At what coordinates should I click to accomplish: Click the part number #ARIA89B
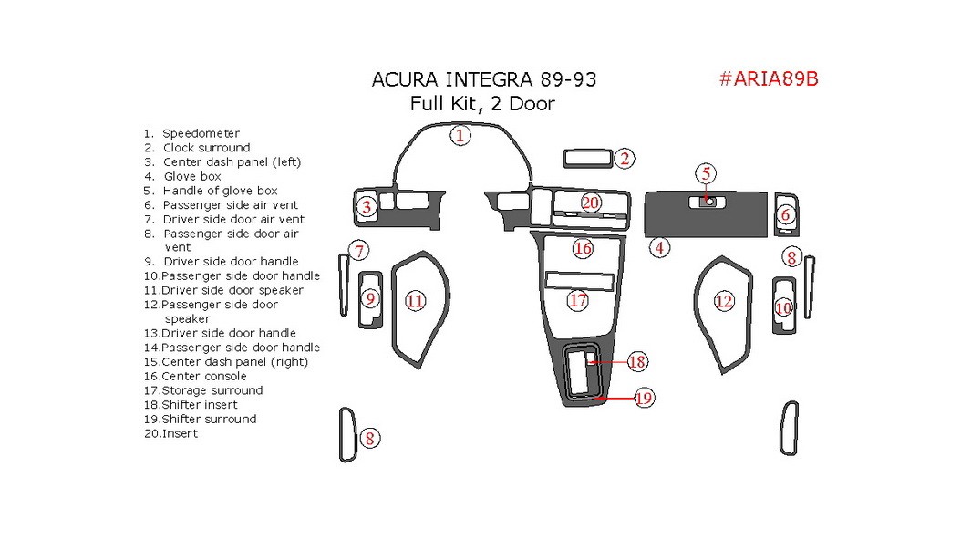pos(769,78)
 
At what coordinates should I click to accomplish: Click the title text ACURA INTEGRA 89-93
pos(484,79)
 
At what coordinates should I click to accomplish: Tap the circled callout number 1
pos(460,136)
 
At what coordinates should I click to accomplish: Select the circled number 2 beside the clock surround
pos(625,159)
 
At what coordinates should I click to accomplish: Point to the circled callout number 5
pos(706,173)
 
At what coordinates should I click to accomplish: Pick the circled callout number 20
pos(591,202)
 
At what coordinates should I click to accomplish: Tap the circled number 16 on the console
pos(584,247)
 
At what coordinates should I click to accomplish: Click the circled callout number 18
pos(636,362)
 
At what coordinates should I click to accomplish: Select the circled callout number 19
pos(644,398)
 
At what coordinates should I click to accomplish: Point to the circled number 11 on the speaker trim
pos(416,300)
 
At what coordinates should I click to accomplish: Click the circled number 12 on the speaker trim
pos(724,300)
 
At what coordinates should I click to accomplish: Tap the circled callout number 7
pos(360,251)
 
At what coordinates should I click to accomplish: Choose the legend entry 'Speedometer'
pos(201,133)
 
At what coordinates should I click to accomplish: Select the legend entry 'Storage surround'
pos(212,390)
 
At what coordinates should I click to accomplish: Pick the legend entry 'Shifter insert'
pos(200,404)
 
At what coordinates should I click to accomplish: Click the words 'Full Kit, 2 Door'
pos(482,103)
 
